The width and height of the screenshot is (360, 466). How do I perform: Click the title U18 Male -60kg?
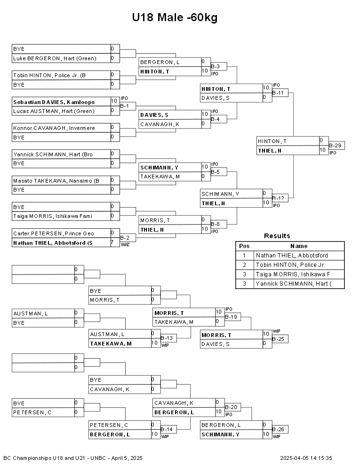[x=175, y=17]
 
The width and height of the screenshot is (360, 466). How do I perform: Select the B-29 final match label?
[x=335, y=145]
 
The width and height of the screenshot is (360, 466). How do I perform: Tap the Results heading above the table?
[x=277, y=236]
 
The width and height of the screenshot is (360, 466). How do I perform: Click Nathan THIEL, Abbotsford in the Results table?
[x=292, y=256]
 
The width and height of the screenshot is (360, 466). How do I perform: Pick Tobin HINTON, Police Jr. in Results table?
[x=290, y=265]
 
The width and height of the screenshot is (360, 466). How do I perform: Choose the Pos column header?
[x=244, y=246]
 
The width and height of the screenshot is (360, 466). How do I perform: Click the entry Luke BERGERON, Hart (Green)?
[x=55, y=58]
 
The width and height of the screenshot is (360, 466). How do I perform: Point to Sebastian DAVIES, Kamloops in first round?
[x=54, y=102]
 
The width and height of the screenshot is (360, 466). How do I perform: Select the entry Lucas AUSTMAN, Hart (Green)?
[x=54, y=111]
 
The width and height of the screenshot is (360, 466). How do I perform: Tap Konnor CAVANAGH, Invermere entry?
[x=54, y=128]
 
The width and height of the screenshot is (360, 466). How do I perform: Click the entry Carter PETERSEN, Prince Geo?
[x=54, y=233]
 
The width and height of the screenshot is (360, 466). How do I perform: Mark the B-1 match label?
[x=124, y=106]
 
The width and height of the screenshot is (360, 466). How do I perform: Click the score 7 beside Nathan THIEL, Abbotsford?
[x=112, y=242]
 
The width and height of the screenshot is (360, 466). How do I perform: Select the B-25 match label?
[x=278, y=339]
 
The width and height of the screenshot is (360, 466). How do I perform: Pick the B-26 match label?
[x=278, y=429]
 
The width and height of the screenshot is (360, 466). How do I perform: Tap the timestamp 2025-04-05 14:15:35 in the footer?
[x=306, y=458]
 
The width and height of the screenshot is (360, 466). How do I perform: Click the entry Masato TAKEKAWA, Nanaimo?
[x=56, y=181]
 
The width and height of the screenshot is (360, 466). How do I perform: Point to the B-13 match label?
[x=167, y=338]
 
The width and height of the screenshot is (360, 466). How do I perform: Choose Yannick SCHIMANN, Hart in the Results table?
[x=294, y=284]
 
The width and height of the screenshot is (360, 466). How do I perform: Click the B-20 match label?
[x=231, y=407]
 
